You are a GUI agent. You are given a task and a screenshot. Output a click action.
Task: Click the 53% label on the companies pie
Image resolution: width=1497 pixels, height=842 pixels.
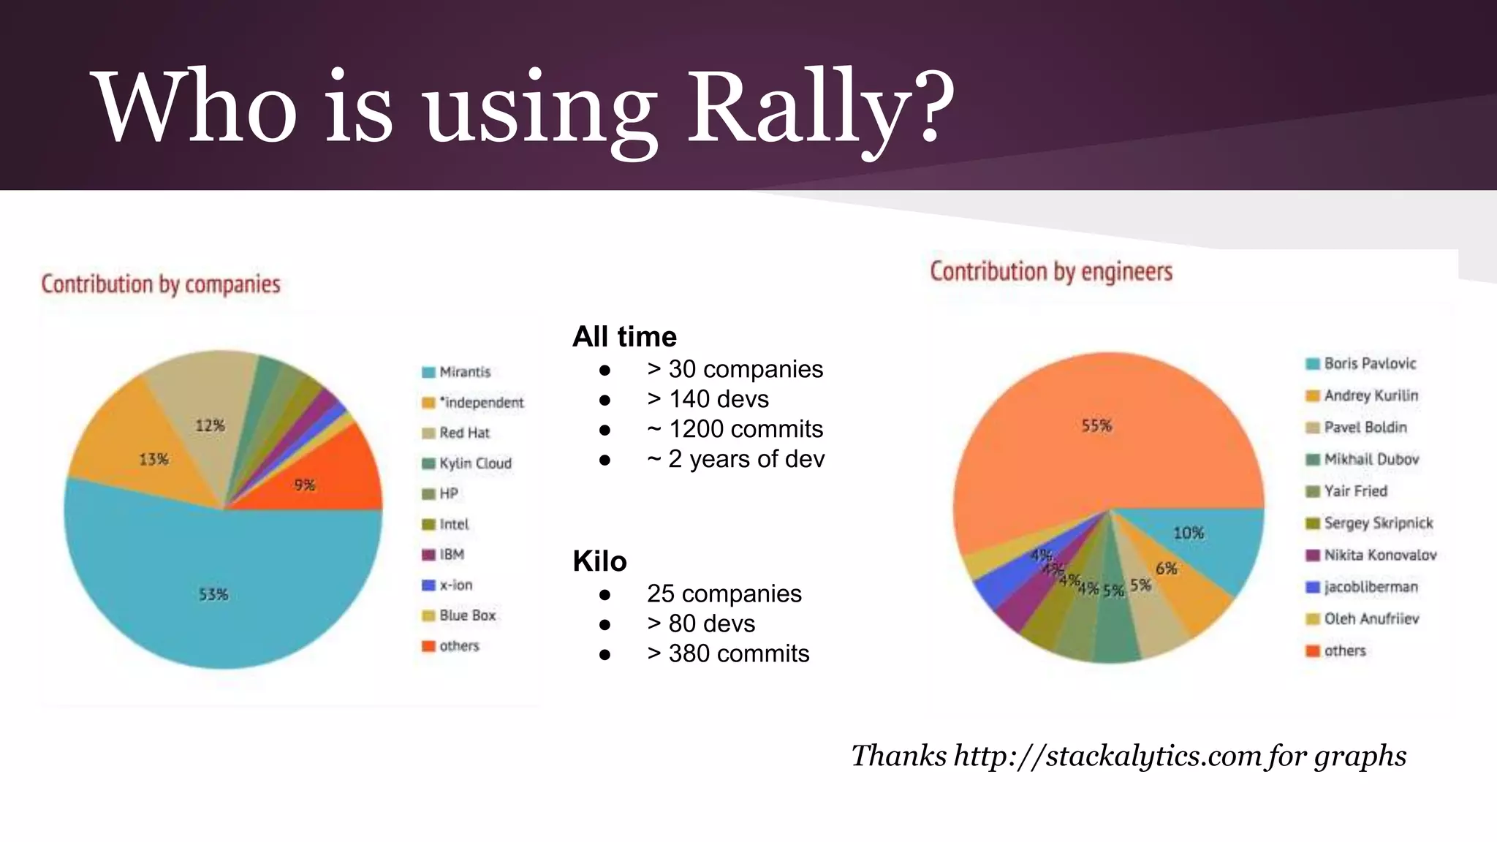[213, 594]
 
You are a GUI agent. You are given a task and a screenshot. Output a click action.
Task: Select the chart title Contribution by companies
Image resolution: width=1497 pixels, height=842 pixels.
[161, 284]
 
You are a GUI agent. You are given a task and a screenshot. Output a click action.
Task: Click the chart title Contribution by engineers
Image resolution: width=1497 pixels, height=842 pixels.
[1051, 271]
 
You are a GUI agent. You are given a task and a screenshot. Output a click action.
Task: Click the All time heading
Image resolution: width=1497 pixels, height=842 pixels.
[624, 337]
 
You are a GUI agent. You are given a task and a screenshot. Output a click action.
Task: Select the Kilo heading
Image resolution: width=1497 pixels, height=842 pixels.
[599, 561]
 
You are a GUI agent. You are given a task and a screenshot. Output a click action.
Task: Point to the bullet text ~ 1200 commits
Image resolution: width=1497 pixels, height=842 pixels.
[735, 429]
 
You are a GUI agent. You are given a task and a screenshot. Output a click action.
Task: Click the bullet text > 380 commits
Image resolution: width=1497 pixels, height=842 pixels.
[728, 653]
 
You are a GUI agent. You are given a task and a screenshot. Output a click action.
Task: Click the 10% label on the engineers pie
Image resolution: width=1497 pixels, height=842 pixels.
[1189, 533]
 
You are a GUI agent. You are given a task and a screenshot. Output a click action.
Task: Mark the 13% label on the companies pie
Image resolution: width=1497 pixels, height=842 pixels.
[154, 459]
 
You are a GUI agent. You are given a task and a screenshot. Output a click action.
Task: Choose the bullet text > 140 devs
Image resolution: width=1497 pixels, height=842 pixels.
[708, 399]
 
